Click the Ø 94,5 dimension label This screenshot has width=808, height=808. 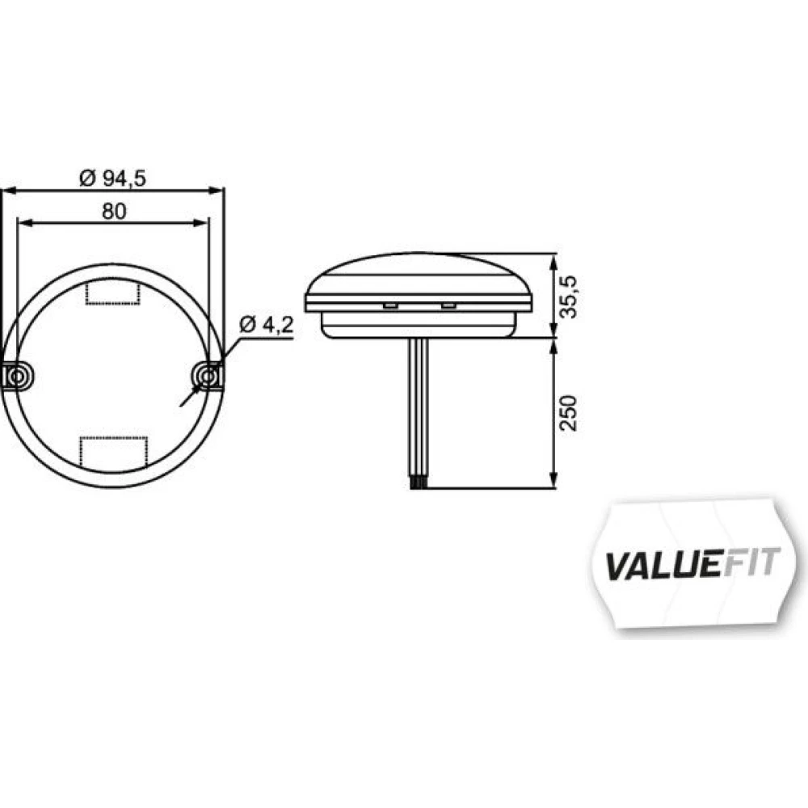(113, 179)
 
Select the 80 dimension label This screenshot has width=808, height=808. (114, 211)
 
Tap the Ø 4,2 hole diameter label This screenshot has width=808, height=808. (267, 325)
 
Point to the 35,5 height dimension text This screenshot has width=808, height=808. (568, 297)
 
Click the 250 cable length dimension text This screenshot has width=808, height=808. (568, 413)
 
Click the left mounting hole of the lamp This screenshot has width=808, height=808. (17, 377)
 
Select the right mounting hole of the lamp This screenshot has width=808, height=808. (208, 377)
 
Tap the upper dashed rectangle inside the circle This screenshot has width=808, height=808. (112, 292)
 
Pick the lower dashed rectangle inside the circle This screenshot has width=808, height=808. (113, 453)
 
